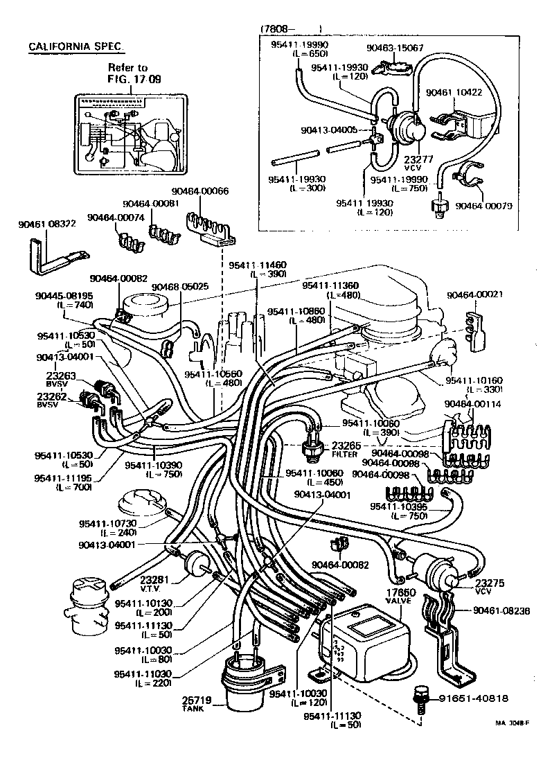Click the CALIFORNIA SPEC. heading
point(77,46)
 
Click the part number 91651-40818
point(474,698)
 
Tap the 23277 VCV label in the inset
point(408,161)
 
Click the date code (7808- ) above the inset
point(291,29)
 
